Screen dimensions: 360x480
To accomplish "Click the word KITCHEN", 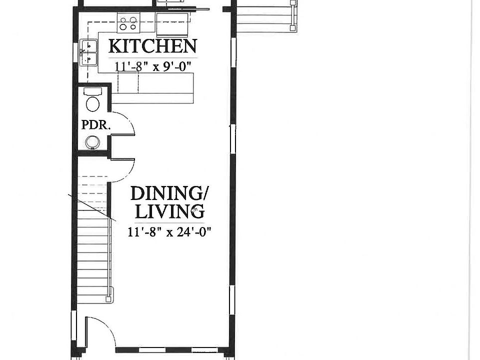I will [x=152, y=46].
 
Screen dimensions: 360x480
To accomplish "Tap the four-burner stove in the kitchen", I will [x=128, y=23].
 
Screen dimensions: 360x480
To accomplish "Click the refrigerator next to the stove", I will [x=172, y=23].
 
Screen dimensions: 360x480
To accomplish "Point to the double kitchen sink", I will [x=89, y=52].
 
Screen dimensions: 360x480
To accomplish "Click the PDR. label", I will [x=95, y=125].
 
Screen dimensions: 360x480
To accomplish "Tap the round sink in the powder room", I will [x=92, y=142].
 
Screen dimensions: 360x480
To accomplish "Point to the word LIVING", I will [x=169, y=211].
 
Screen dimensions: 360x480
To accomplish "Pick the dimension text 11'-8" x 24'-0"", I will [x=169, y=231].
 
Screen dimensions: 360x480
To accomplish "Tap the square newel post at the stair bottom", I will [x=107, y=299].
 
